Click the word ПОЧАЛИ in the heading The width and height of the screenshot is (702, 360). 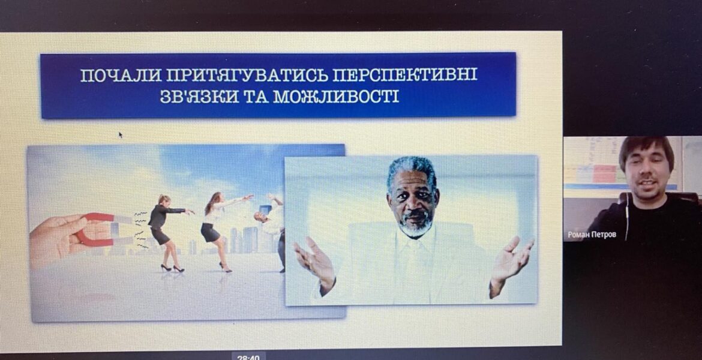coord(121,75)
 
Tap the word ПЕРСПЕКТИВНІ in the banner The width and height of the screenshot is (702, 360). coord(405,74)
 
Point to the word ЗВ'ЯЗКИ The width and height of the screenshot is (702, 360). coord(199,97)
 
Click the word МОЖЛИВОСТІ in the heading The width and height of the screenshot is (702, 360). coord(336,97)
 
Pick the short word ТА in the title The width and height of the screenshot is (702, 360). coord(257,97)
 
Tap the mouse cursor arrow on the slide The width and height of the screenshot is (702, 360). coord(121,134)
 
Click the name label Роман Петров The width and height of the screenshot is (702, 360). coord(592,235)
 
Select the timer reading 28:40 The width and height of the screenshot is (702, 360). coord(248,358)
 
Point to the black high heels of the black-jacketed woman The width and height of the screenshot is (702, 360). coord(172,268)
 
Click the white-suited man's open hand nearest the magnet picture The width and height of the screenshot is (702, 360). coord(314,264)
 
